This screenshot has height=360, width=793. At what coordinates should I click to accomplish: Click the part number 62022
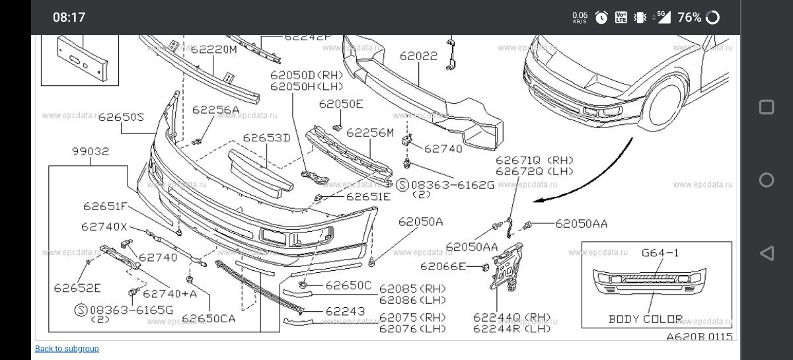tap(418, 56)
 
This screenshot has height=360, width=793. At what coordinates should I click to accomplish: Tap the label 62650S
tap(121, 117)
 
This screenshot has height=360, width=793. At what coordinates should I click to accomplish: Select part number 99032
tap(91, 151)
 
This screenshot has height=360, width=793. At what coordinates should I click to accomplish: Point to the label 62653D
tap(266, 137)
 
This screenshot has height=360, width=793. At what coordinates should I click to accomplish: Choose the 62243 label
tap(344, 310)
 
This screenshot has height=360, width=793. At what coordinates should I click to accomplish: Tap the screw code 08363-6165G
tap(131, 309)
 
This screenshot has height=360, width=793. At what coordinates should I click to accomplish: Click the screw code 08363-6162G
tap(453, 184)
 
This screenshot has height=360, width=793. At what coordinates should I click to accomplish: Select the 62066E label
tap(443, 267)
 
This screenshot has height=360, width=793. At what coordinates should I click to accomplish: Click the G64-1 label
tap(660, 252)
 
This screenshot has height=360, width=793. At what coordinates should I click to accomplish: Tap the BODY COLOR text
tap(645, 319)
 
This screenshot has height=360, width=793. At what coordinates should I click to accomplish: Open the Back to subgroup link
tap(67, 348)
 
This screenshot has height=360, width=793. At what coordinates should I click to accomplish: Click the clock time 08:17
tap(69, 17)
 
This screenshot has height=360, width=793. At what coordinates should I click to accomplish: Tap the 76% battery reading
tap(689, 17)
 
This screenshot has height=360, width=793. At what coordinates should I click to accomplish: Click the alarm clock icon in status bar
tap(601, 18)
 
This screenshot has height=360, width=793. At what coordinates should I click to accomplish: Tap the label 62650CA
tap(208, 318)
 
